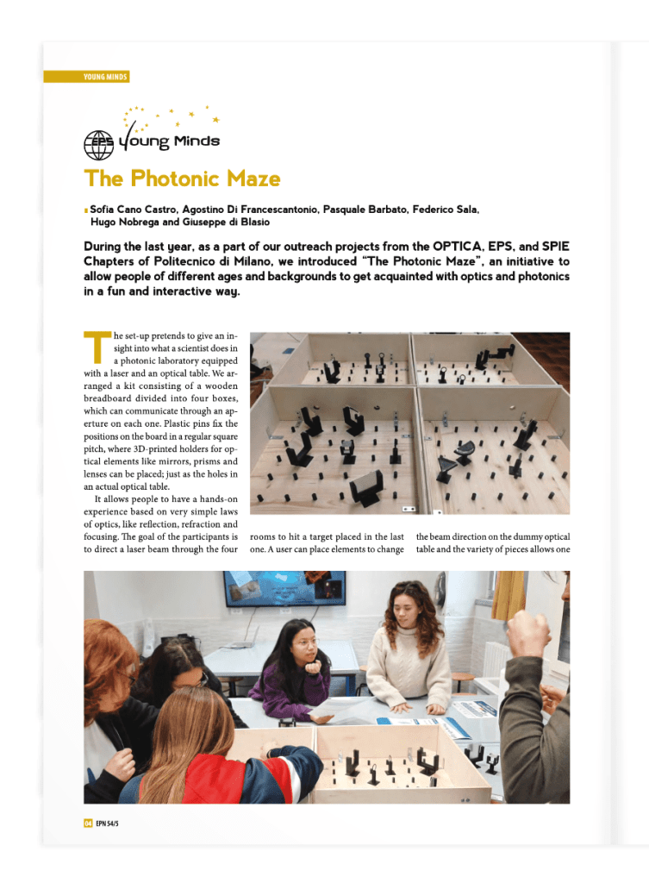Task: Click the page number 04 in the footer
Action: (88, 824)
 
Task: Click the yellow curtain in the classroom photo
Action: (509, 594)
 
